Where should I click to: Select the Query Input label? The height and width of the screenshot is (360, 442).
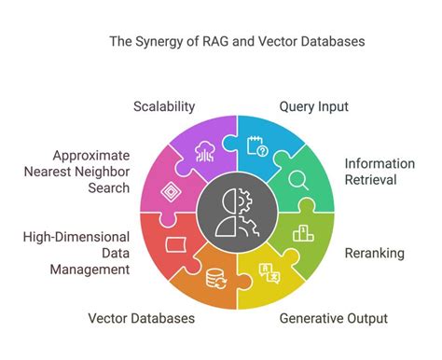[x=313, y=106]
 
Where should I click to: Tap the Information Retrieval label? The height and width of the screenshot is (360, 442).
[x=380, y=172]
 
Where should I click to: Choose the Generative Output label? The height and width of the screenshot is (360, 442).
[x=334, y=319]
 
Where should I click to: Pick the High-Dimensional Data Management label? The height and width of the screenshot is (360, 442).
[x=76, y=253]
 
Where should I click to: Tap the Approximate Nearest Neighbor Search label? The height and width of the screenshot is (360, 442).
[x=90, y=172]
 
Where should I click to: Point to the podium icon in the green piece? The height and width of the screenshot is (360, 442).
[x=300, y=232]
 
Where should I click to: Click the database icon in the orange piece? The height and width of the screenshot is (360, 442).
[x=214, y=277]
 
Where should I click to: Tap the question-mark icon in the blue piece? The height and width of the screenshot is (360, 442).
[x=255, y=145]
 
